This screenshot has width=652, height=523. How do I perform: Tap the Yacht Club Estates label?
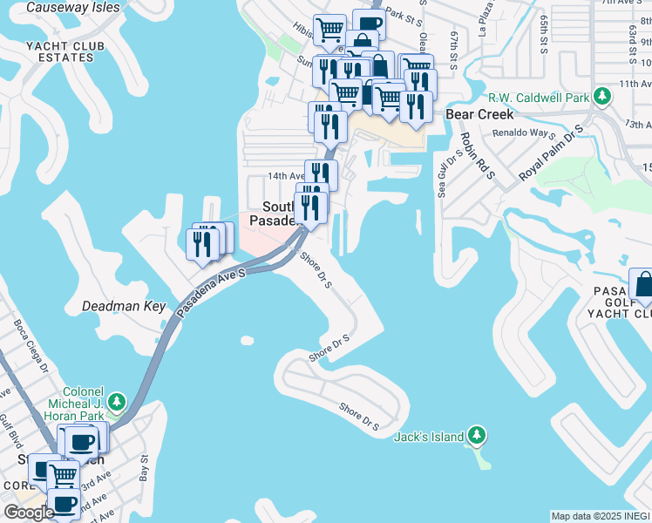(x=65, y=51)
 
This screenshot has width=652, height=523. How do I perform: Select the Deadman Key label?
(x=124, y=306)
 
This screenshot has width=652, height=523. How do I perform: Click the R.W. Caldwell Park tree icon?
(x=601, y=96)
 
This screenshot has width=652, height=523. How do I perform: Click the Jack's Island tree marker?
(x=476, y=434)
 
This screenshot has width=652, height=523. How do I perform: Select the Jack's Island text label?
(x=428, y=436)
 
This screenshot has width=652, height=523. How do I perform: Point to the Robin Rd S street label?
(x=478, y=156)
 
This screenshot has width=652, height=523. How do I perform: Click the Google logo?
(x=29, y=513)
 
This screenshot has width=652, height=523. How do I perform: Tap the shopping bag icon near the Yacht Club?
(x=643, y=283)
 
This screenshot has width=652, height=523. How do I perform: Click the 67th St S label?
(x=454, y=49)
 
